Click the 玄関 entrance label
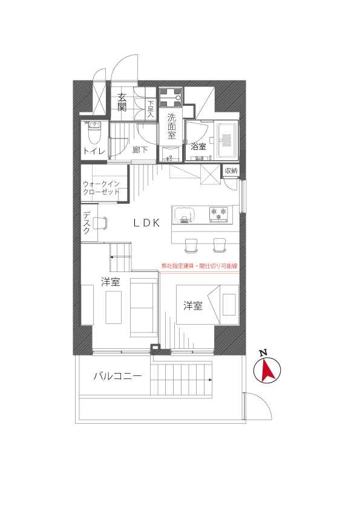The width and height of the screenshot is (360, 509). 122,102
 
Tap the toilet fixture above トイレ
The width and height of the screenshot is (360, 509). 94,132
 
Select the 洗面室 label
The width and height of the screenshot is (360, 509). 171,126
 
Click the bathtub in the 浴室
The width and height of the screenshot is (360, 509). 227,140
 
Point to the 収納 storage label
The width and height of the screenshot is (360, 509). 231,170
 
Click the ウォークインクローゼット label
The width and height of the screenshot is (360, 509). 101,187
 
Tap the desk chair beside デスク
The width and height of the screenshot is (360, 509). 100,222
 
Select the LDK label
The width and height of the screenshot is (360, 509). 146,222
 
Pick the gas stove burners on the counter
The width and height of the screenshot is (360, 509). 218,214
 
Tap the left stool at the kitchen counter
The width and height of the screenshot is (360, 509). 191,245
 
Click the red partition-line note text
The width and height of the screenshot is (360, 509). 200,266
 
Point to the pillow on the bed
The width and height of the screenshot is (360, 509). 229,304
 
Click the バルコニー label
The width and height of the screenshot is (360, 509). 117,376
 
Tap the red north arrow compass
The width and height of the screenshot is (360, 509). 267,370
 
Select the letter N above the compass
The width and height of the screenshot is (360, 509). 264,353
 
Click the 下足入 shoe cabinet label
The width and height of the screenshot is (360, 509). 151,109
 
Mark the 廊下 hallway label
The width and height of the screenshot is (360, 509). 140,150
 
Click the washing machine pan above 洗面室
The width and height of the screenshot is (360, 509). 171,97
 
